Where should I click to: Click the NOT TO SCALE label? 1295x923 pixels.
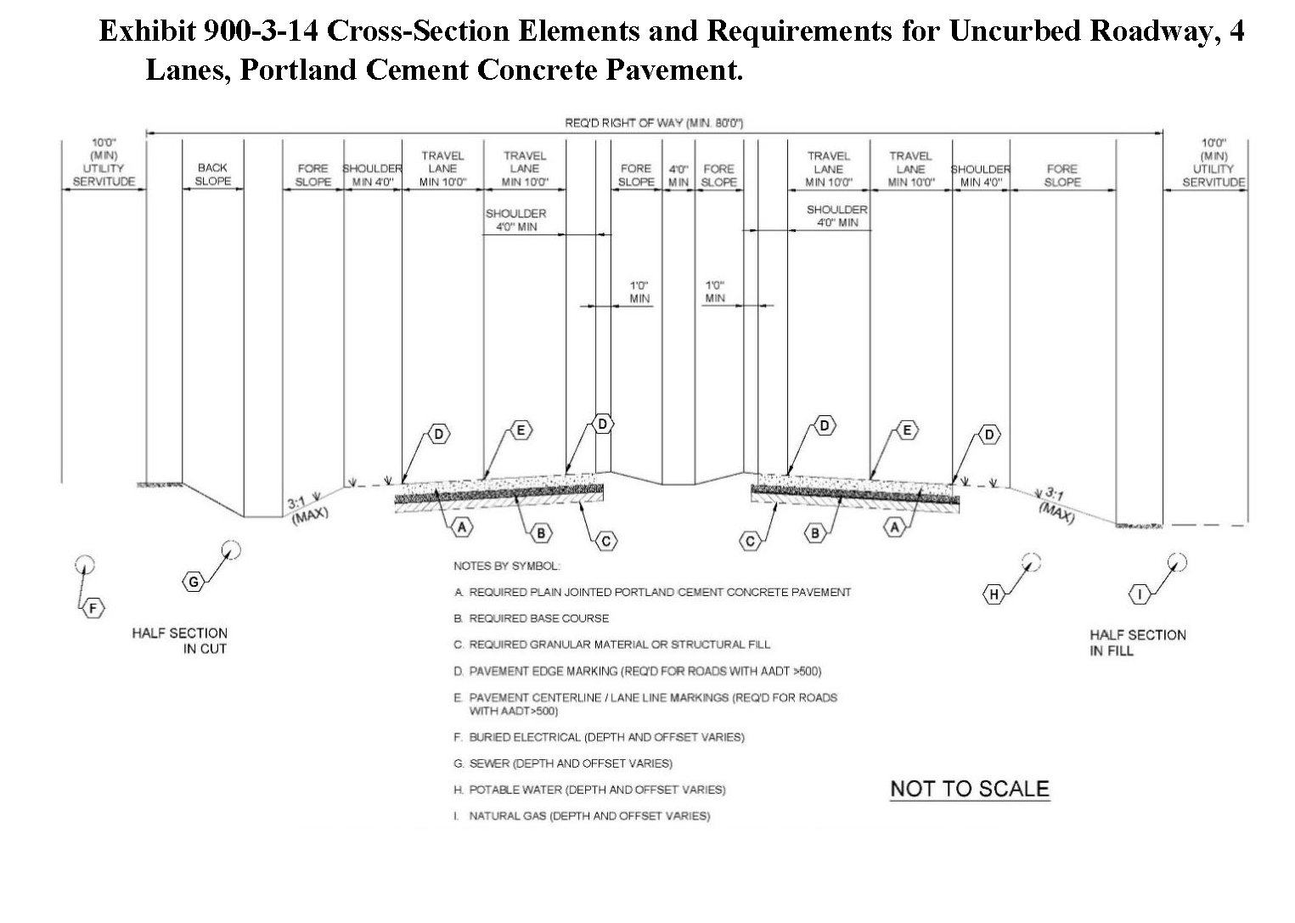coord(969,789)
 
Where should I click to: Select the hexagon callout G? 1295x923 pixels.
coord(194,582)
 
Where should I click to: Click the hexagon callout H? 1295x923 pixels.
coord(994,594)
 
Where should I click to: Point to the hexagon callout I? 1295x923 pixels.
coord(1140,594)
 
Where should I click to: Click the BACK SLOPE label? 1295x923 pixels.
coord(212,174)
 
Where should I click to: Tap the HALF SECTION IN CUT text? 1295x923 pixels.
coord(180,641)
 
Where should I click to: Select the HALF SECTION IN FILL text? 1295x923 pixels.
coord(1137,643)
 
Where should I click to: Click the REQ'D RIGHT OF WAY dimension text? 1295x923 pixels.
coord(654,123)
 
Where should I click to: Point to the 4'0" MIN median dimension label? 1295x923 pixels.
coord(678,176)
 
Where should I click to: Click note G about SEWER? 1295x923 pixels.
coord(563,763)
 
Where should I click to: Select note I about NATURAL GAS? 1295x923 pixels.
coord(582,816)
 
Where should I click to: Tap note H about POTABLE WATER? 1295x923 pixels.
coord(589,790)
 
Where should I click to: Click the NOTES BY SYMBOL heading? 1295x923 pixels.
coord(506,566)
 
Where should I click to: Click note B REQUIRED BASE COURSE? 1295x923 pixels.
coord(531,618)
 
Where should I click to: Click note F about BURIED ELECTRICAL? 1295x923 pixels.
coord(599,737)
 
